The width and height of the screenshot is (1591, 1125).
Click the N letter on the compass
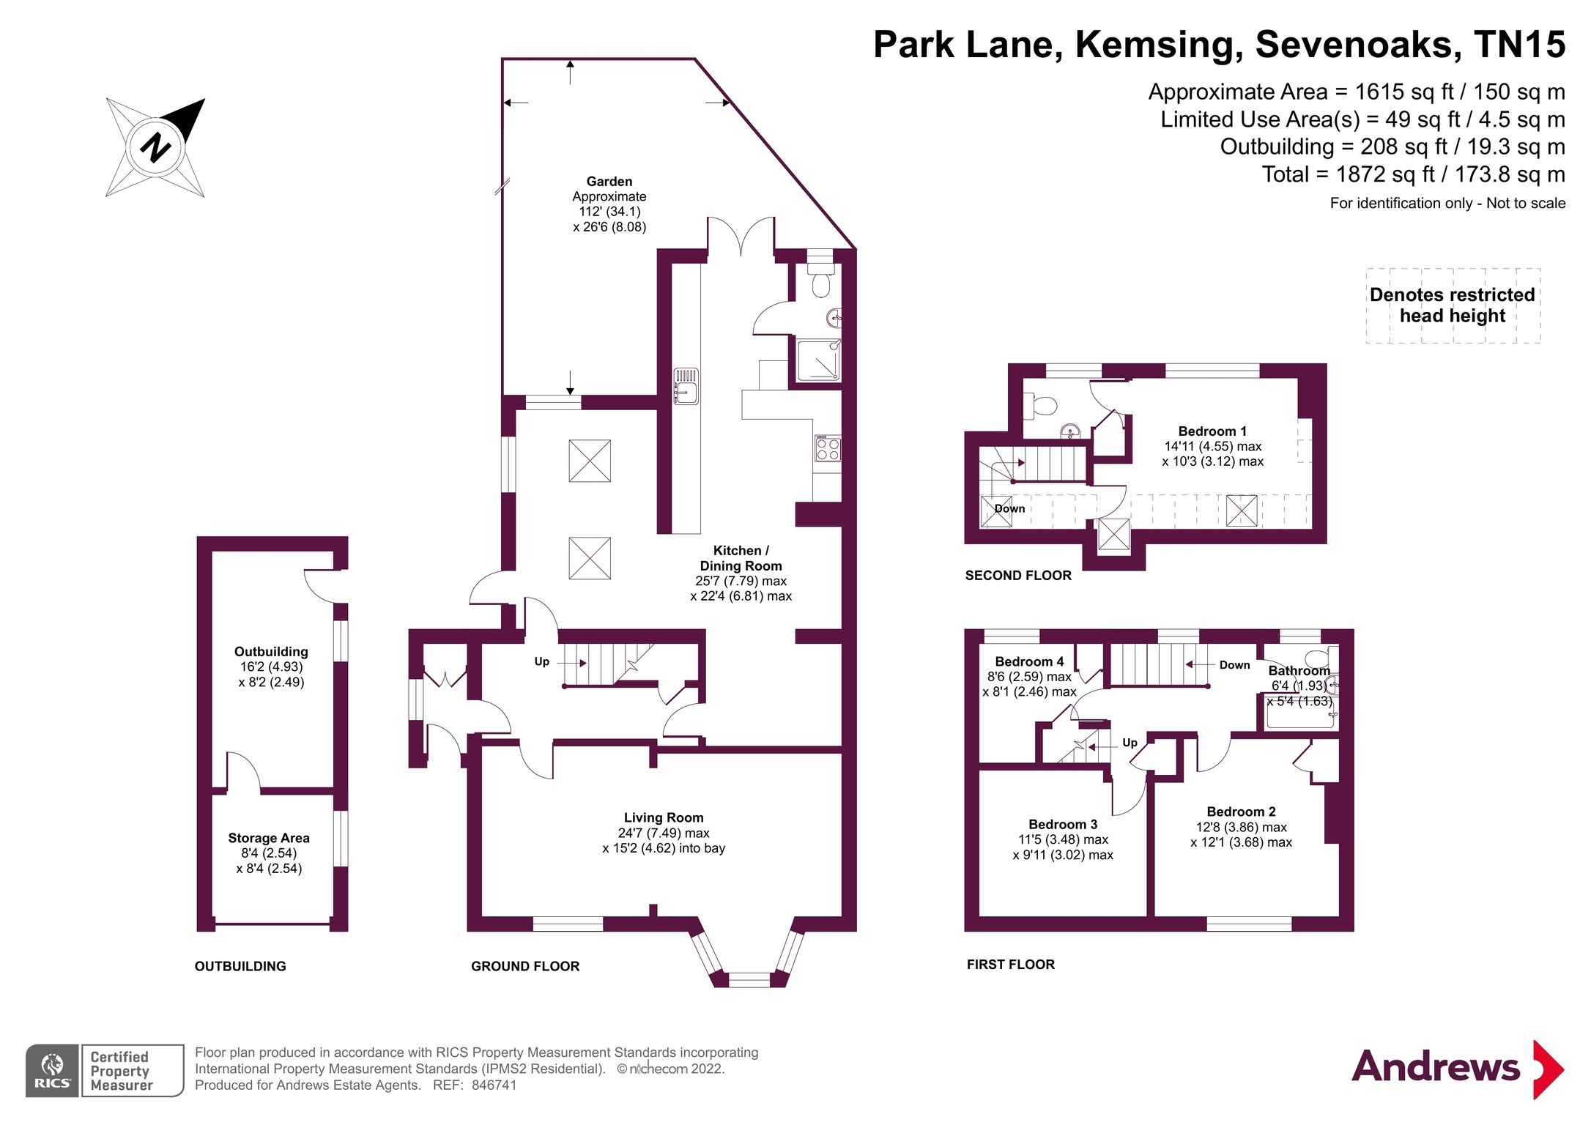pyautogui.click(x=155, y=147)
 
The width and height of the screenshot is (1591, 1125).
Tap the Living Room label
pyautogui.click(x=663, y=817)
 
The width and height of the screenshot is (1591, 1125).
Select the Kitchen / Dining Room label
pyautogui.click(x=741, y=558)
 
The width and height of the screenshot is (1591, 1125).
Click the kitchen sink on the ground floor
pyautogui.click(x=686, y=386)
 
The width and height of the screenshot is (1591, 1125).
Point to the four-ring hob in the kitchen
pyautogui.click(x=828, y=448)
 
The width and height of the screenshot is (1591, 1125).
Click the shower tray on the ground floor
pyautogui.click(x=817, y=360)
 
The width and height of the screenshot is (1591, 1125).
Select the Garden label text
pyautogui.click(x=609, y=182)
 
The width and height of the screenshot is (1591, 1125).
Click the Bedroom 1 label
pyautogui.click(x=1212, y=431)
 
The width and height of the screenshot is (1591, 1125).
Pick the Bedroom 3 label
pyautogui.click(x=1062, y=824)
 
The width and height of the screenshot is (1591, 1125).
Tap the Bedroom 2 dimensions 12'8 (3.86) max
pyautogui.click(x=1241, y=827)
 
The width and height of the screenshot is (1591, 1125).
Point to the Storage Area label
pyautogui.click(x=268, y=838)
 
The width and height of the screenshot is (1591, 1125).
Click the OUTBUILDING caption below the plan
pyautogui.click(x=240, y=966)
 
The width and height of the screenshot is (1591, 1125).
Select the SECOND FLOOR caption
pyautogui.click(x=1017, y=576)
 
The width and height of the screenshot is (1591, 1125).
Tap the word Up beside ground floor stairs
pyautogui.click(x=541, y=661)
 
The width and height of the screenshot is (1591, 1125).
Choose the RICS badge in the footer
pyautogui.click(x=53, y=1070)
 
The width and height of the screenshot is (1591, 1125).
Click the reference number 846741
pyautogui.click(x=494, y=1085)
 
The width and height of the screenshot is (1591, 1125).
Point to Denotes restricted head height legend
pyautogui.click(x=1452, y=305)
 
